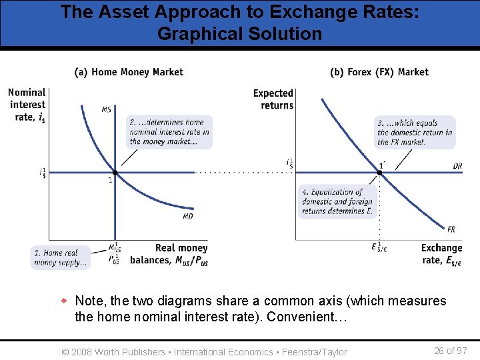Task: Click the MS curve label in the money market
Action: [x=107, y=109]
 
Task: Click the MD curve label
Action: [x=188, y=217]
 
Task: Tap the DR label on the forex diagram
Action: [x=457, y=166]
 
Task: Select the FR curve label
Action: [x=451, y=229]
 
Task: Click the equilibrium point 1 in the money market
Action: [x=115, y=173]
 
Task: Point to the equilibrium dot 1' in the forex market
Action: [x=380, y=173]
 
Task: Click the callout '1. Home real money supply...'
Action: [x=61, y=257]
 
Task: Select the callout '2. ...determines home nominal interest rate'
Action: [x=169, y=132]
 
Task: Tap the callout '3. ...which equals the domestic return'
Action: [x=415, y=132]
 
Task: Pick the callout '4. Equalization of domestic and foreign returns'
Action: [x=338, y=201]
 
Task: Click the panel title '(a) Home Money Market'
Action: [x=129, y=72]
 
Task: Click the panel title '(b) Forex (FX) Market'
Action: [x=379, y=72]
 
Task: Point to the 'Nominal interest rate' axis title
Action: [x=27, y=105]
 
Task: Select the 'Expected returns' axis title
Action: [x=273, y=99]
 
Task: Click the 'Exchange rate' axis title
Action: [x=441, y=254]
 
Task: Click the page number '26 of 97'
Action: [x=450, y=351]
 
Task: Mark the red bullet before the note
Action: [x=65, y=301]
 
